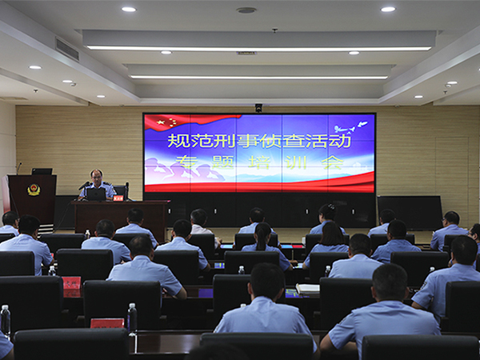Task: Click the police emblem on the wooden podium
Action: click(x=34, y=190)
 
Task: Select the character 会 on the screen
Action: click(x=333, y=162)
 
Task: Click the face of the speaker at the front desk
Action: click(x=97, y=178)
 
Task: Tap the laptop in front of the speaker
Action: click(x=96, y=194)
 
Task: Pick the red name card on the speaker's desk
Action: click(x=118, y=198)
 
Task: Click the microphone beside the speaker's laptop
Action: click(x=84, y=186)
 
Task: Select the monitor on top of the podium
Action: click(x=42, y=171)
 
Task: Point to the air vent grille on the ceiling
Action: click(x=67, y=50)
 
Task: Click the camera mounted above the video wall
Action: click(x=258, y=107)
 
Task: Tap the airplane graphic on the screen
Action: click(x=351, y=126)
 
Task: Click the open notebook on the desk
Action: click(x=308, y=289)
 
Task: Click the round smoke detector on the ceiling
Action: click(x=246, y=10)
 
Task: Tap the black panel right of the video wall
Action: click(x=410, y=213)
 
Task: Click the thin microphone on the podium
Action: click(x=19, y=168)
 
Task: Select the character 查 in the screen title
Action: click(x=283, y=141)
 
